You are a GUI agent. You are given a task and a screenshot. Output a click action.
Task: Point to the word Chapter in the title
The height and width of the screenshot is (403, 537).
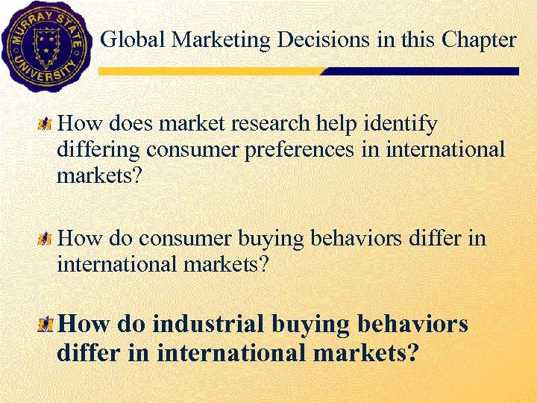pos(478,40)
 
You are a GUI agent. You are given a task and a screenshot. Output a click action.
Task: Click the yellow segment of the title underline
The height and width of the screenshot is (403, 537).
pos(209,72)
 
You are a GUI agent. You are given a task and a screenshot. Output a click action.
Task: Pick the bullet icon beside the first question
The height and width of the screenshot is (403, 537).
pos(46,123)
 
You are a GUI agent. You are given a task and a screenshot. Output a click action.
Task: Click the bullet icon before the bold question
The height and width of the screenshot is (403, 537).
pos(47,325)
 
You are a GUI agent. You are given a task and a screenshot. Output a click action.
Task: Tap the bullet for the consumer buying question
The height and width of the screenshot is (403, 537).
pos(46,240)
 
